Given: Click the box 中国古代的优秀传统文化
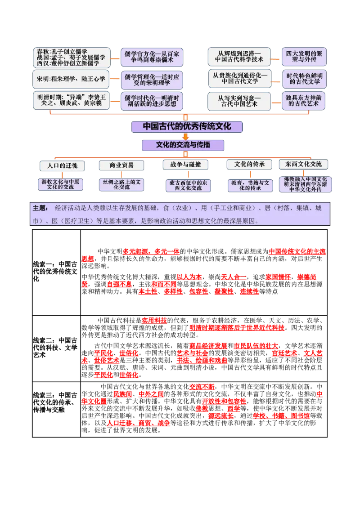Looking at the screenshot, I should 187,126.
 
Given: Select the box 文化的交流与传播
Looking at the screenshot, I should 183,145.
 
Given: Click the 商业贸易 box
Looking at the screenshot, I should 121,165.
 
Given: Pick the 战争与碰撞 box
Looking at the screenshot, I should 185,165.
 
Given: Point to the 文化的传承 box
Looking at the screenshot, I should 249,165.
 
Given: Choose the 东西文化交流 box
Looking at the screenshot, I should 303,164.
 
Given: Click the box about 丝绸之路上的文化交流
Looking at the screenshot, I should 121,184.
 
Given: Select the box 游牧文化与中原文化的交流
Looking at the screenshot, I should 60,184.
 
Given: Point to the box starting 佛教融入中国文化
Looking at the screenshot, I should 305,184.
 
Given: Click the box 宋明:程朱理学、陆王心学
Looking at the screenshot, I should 71,79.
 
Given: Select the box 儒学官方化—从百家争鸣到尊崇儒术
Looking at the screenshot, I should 152,57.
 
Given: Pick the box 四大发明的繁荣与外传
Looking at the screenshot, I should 304,57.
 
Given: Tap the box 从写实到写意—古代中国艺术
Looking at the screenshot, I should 239,101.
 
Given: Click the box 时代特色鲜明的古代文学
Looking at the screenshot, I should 304,79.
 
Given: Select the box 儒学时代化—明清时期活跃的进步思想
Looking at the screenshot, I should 152,101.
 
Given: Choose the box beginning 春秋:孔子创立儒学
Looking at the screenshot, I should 71,58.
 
